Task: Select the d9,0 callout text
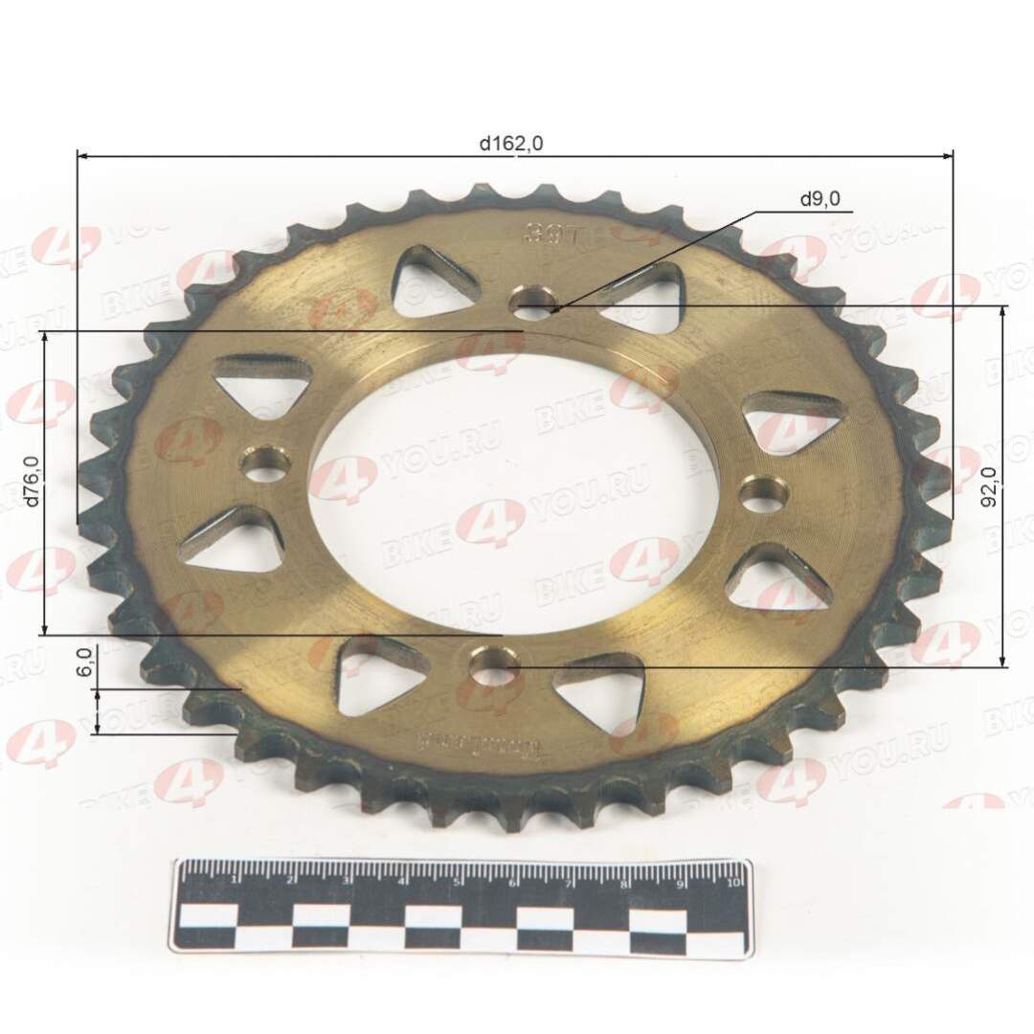pyautogui.click(x=820, y=199)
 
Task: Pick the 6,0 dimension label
pyautogui.click(x=85, y=663)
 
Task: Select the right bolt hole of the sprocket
pyautogui.click(x=766, y=495)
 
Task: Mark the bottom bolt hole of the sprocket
pyautogui.click(x=494, y=665)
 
